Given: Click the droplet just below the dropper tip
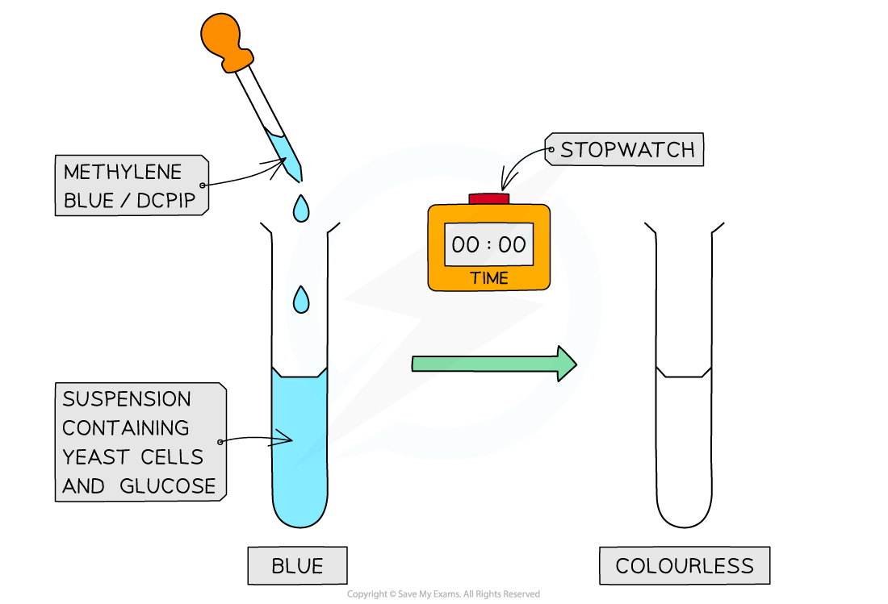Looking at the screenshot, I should pyautogui.click(x=301, y=207).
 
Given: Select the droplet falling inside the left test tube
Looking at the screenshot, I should pyautogui.click(x=301, y=300).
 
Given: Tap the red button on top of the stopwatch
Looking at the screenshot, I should pyautogui.click(x=488, y=198).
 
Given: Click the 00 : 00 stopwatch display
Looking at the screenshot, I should pyautogui.click(x=488, y=244).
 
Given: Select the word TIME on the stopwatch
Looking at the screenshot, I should pyautogui.click(x=489, y=278).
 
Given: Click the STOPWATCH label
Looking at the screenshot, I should pyautogui.click(x=627, y=150).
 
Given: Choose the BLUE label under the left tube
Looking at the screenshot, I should pyautogui.click(x=297, y=565).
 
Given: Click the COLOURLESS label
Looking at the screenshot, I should pyautogui.click(x=685, y=565).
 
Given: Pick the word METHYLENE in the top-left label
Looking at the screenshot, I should pyautogui.click(x=123, y=172).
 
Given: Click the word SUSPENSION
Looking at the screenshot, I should pyautogui.click(x=127, y=399).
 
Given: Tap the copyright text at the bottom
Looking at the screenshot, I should pyautogui.click(x=443, y=594).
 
